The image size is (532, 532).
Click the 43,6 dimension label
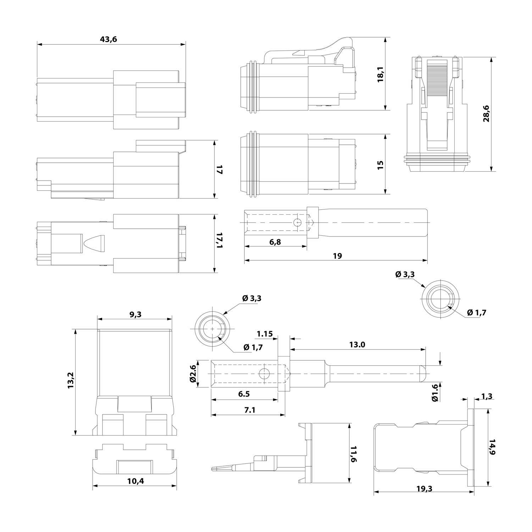[x=109, y=39]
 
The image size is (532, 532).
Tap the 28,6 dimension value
[x=486, y=113]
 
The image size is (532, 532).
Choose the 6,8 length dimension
[x=275, y=242]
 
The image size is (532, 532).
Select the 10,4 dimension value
[x=135, y=481]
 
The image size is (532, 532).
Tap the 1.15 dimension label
[x=265, y=334]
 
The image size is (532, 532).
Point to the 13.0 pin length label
[x=357, y=344]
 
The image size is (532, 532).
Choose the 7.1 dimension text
[x=250, y=410]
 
